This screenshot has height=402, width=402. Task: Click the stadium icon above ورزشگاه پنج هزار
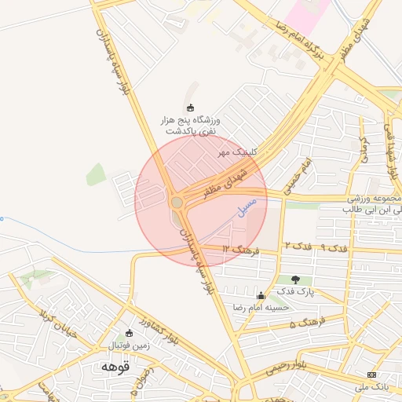point(190,108)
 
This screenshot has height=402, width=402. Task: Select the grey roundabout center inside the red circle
point(177,203)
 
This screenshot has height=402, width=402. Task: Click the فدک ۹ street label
point(334,248)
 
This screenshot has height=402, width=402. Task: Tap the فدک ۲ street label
point(298,246)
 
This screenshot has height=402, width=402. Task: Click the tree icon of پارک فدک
point(295,279)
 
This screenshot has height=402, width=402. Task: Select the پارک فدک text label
point(295,291)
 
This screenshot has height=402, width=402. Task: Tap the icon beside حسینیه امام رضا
point(261,295)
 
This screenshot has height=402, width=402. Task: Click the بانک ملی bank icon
point(372,375)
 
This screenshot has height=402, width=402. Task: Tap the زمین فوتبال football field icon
point(129,333)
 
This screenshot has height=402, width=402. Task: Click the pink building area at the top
point(305,13)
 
